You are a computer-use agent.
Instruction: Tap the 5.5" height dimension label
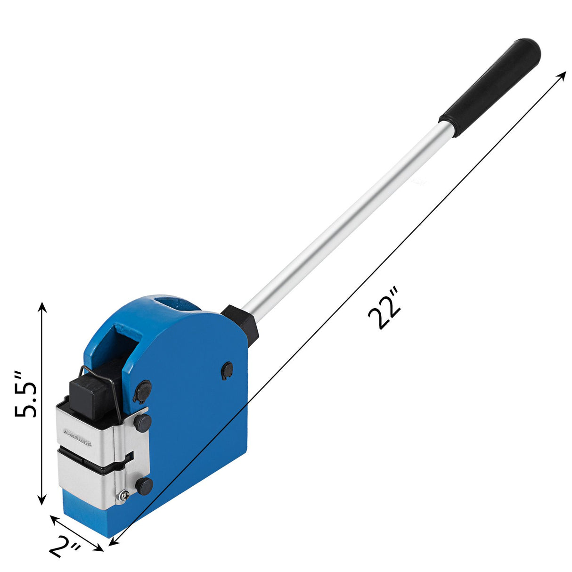pos(26,394)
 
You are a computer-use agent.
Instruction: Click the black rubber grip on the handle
pos(490,85)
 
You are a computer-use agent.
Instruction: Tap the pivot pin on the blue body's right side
pos(227,370)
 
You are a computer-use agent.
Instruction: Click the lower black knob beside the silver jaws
pos(144,485)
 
